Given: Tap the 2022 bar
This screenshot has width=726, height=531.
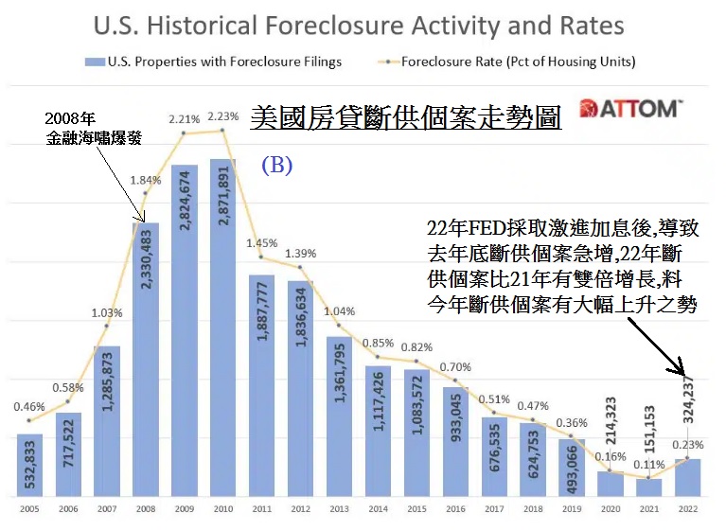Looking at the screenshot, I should pyautogui.click(x=688, y=478).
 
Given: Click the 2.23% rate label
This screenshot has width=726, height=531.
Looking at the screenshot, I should pyautogui.click(x=222, y=115).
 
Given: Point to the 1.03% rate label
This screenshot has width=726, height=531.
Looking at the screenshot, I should pyautogui.click(x=107, y=313).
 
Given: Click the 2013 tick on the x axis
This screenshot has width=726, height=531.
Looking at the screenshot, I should pyautogui.click(x=339, y=509).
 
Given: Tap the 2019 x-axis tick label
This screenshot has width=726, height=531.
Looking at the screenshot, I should pyautogui.click(x=572, y=509).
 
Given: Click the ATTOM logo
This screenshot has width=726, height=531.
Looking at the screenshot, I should pyautogui.click(x=629, y=108).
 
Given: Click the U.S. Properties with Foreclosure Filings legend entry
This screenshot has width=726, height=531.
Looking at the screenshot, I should pyautogui.click(x=222, y=62).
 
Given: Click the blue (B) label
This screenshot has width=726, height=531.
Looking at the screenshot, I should pyautogui.click(x=276, y=164).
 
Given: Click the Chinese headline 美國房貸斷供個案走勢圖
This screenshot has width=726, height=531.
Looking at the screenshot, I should pyautogui.click(x=406, y=119).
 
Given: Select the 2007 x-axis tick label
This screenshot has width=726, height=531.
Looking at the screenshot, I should pyautogui.click(x=107, y=509).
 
